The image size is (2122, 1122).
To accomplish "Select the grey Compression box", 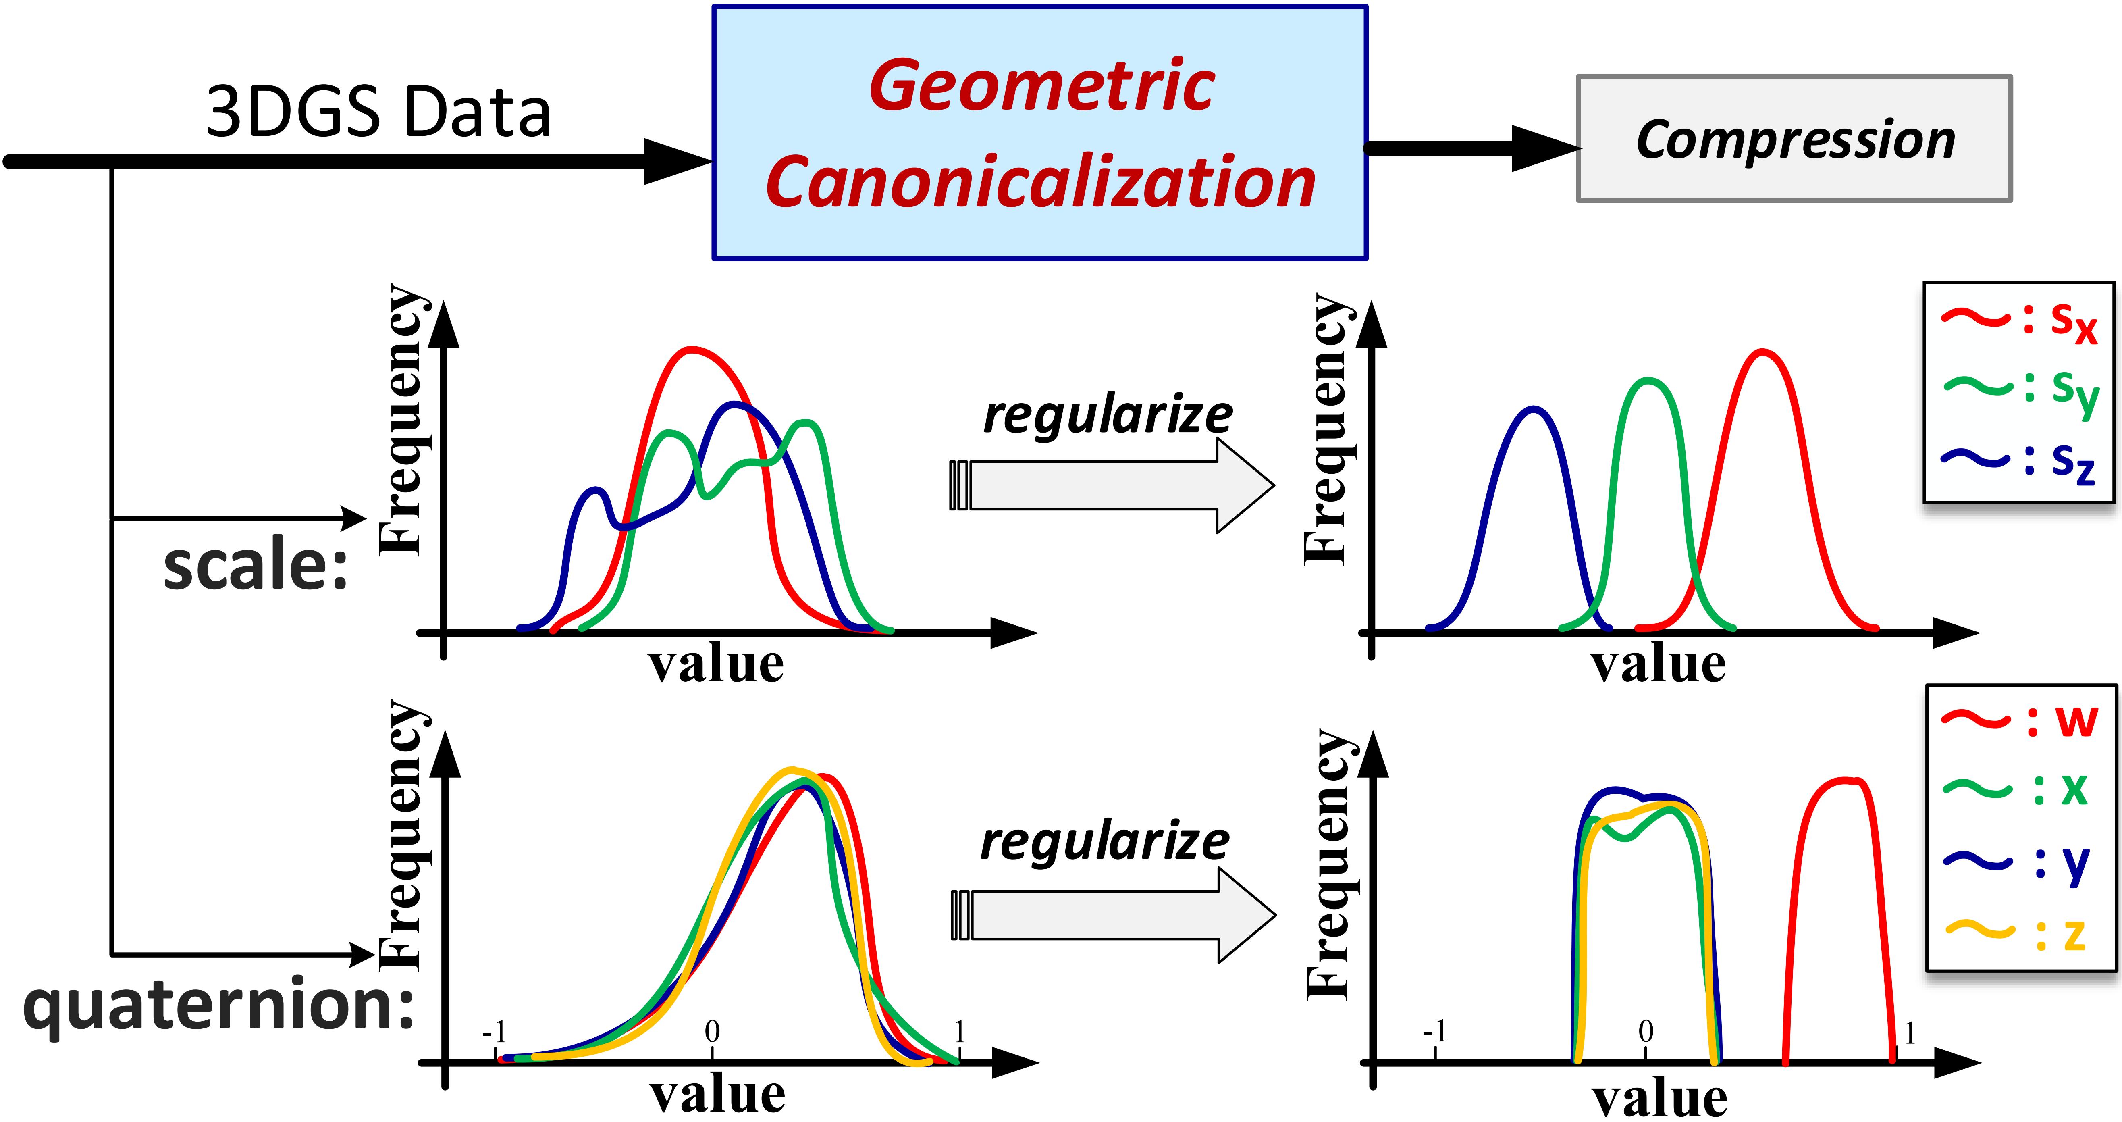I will (1794, 138).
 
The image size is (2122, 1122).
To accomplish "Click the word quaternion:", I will (218, 1005).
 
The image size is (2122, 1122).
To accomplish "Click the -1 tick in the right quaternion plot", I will (1435, 1031).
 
